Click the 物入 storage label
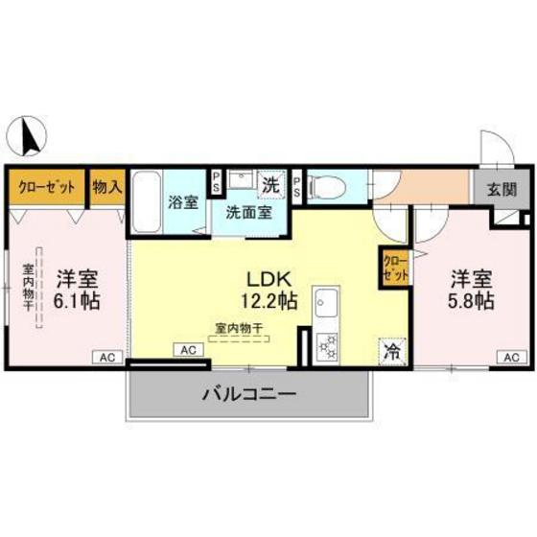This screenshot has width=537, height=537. (x=107, y=186)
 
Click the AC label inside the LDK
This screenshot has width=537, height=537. (x=188, y=350)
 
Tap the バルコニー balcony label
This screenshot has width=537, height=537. (x=247, y=393)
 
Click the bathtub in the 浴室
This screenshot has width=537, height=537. (x=147, y=202)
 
